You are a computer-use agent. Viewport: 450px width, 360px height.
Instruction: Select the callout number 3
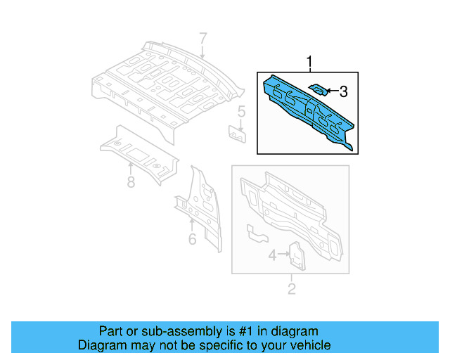(343, 91)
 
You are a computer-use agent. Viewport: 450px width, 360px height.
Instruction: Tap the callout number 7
(202, 38)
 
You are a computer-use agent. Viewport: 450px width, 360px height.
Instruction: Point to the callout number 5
(240, 111)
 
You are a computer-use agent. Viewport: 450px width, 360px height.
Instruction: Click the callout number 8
(131, 183)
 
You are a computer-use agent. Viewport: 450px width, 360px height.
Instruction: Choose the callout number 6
(192, 240)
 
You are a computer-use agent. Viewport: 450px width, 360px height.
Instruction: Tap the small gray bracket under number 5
(237, 133)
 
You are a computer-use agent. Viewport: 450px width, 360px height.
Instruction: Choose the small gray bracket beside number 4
(297, 255)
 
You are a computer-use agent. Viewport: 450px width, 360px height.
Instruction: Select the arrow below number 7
(202, 51)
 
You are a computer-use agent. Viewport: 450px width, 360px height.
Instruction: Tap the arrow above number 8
(131, 168)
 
